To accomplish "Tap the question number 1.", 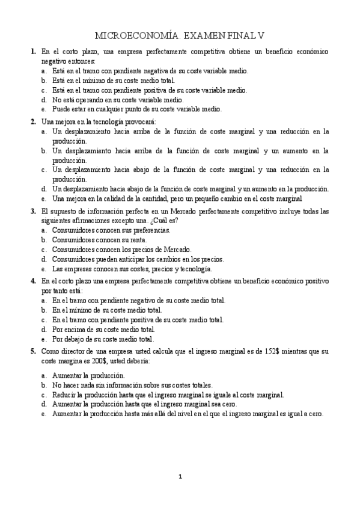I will [33, 52].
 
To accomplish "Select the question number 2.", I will [33, 121].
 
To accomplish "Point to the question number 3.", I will [33, 211].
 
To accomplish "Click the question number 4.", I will [33, 281].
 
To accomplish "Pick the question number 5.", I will [33, 351].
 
